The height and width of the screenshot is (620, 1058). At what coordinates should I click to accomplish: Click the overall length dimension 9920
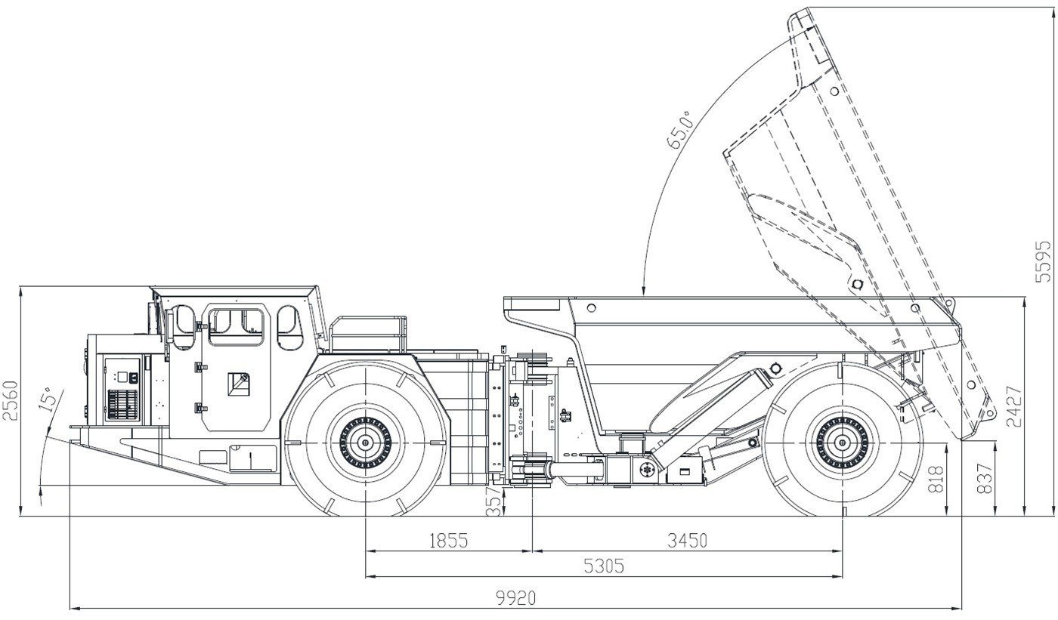click(515, 598)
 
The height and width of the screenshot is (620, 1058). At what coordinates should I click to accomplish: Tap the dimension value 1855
click(449, 541)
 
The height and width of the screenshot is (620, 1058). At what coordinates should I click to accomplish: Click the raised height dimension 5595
click(1043, 261)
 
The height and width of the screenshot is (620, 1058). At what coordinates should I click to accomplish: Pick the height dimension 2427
click(1014, 406)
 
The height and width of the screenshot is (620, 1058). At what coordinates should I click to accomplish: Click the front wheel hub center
click(366, 443)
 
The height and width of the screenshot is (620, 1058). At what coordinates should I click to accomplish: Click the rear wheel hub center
click(841, 443)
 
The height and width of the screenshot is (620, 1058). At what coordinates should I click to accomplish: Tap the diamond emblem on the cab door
click(240, 382)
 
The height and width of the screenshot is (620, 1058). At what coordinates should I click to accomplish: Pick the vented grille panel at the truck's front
click(121, 404)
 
